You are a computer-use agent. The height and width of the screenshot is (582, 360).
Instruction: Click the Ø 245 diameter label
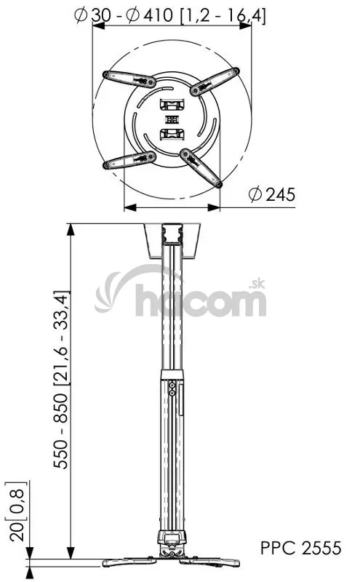[x=272, y=194]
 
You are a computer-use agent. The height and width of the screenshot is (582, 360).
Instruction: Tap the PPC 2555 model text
[x=300, y=548]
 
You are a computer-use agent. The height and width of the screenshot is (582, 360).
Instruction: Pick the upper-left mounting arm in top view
[x=129, y=79]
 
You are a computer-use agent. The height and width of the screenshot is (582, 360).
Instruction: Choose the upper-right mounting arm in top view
[x=215, y=81]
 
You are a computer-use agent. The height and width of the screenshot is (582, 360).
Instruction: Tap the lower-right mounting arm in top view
[x=201, y=168]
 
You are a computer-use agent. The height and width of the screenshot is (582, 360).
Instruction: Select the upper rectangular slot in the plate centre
[x=172, y=104]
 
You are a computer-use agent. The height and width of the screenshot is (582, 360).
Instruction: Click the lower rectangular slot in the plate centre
[x=172, y=135]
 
